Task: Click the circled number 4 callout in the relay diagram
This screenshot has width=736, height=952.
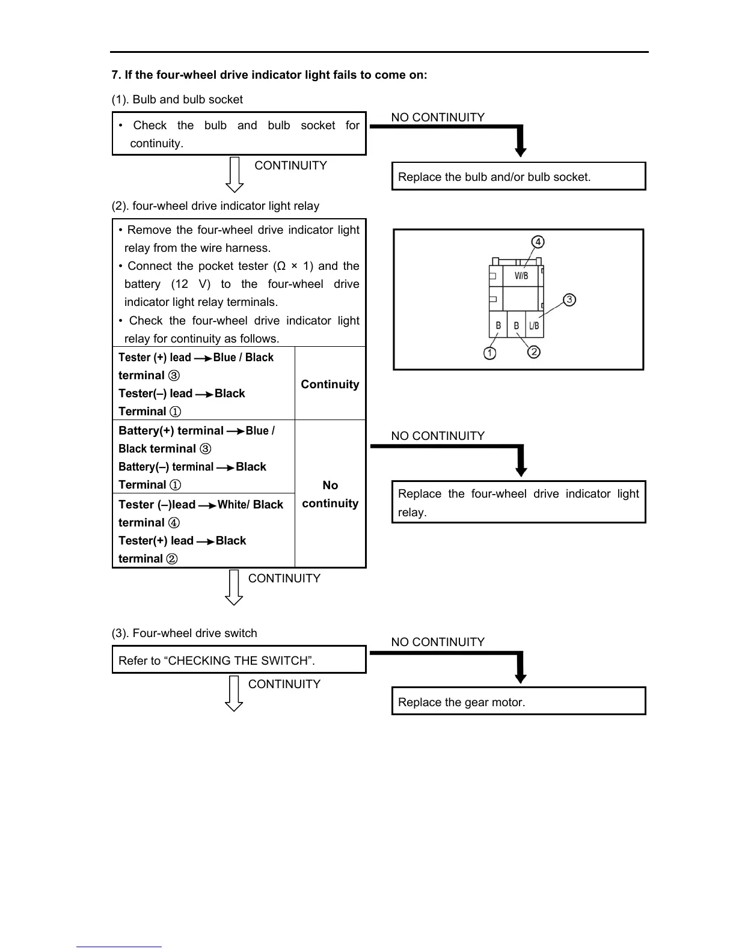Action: (538, 242)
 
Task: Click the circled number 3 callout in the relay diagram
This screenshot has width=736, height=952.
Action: (569, 299)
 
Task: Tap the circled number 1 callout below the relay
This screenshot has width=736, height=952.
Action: (490, 353)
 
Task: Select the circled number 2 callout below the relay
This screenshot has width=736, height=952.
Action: (534, 352)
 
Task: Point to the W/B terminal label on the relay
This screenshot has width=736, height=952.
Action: (521, 276)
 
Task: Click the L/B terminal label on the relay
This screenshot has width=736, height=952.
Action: (534, 326)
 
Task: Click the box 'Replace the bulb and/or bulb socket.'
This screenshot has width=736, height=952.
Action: (518, 177)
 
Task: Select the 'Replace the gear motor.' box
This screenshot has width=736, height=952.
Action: (518, 701)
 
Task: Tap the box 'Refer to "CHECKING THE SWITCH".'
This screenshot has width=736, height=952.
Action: (239, 660)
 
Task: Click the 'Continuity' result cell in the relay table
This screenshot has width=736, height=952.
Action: (330, 384)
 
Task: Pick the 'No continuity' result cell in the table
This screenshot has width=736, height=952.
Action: (330, 494)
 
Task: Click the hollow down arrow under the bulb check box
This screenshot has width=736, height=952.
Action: (234, 175)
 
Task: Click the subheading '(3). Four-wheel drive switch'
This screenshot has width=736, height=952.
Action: (185, 633)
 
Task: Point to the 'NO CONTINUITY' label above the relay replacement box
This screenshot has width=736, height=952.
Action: (438, 436)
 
